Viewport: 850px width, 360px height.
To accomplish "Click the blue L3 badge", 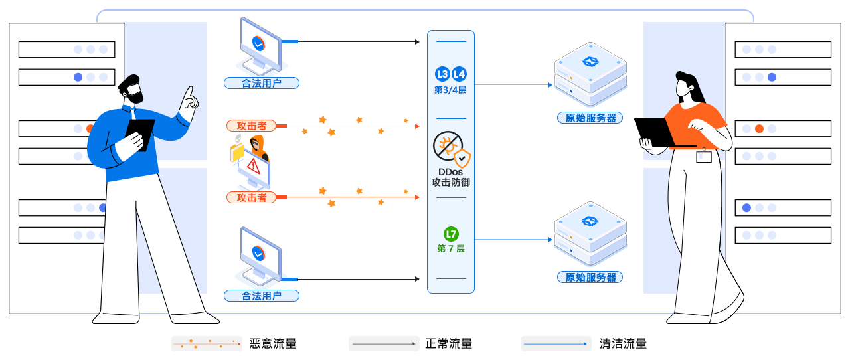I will tap(442, 74).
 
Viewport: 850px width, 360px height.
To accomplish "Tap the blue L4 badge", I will tap(459, 74).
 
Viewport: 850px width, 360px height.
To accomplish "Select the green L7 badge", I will tap(451, 234).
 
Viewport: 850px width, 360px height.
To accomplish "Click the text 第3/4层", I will tap(450, 90).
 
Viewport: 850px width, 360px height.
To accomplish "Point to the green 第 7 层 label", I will tap(451, 248).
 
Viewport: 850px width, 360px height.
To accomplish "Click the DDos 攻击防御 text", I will tap(450, 177).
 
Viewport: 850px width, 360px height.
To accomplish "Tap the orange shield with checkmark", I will tap(462, 159).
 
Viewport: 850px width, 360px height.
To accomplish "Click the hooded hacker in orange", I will tap(258, 147).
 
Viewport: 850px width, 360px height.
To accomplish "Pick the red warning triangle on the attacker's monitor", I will tap(254, 165).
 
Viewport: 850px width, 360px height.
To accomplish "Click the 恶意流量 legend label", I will tap(273, 344).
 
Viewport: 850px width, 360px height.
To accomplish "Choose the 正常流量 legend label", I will tap(449, 344).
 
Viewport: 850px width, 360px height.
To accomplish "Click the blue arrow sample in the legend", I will tap(555, 344).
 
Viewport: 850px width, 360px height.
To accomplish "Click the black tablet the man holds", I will tap(140, 133).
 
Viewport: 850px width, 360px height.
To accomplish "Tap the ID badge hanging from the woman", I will tap(703, 157).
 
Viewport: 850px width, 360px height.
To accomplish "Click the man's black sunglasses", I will tap(134, 88).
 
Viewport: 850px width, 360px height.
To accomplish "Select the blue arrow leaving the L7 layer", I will tap(514, 239).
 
